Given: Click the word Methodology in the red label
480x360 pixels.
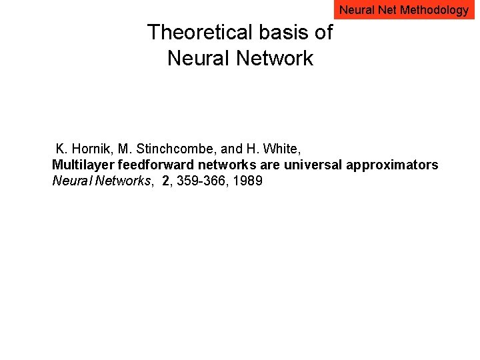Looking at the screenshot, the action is click(x=435, y=10).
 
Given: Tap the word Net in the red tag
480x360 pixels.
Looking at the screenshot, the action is click(x=387, y=10).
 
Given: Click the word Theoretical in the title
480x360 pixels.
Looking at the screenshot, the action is click(x=197, y=32).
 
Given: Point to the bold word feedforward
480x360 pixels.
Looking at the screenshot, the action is click(x=146, y=165).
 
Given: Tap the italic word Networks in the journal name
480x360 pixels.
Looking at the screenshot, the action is click(x=124, y=181).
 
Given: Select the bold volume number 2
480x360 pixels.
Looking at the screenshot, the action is click(x=165, y=181).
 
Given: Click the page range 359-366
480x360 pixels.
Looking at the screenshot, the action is click(x=200, y=181).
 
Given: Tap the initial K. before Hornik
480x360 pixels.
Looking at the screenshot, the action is click(x=62, y=147).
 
